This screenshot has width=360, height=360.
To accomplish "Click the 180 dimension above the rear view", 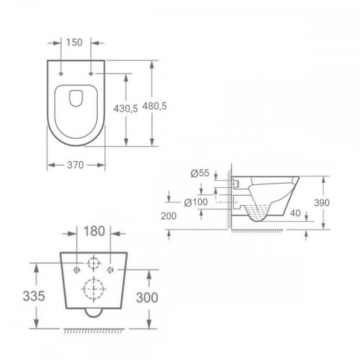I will pyautogui.click(x=93, y=231).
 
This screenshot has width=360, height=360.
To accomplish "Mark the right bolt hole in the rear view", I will pyautogui.click(x=110, y=270).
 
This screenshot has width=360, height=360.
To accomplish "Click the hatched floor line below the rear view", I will pyautogui.click(x=94, y=330).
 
